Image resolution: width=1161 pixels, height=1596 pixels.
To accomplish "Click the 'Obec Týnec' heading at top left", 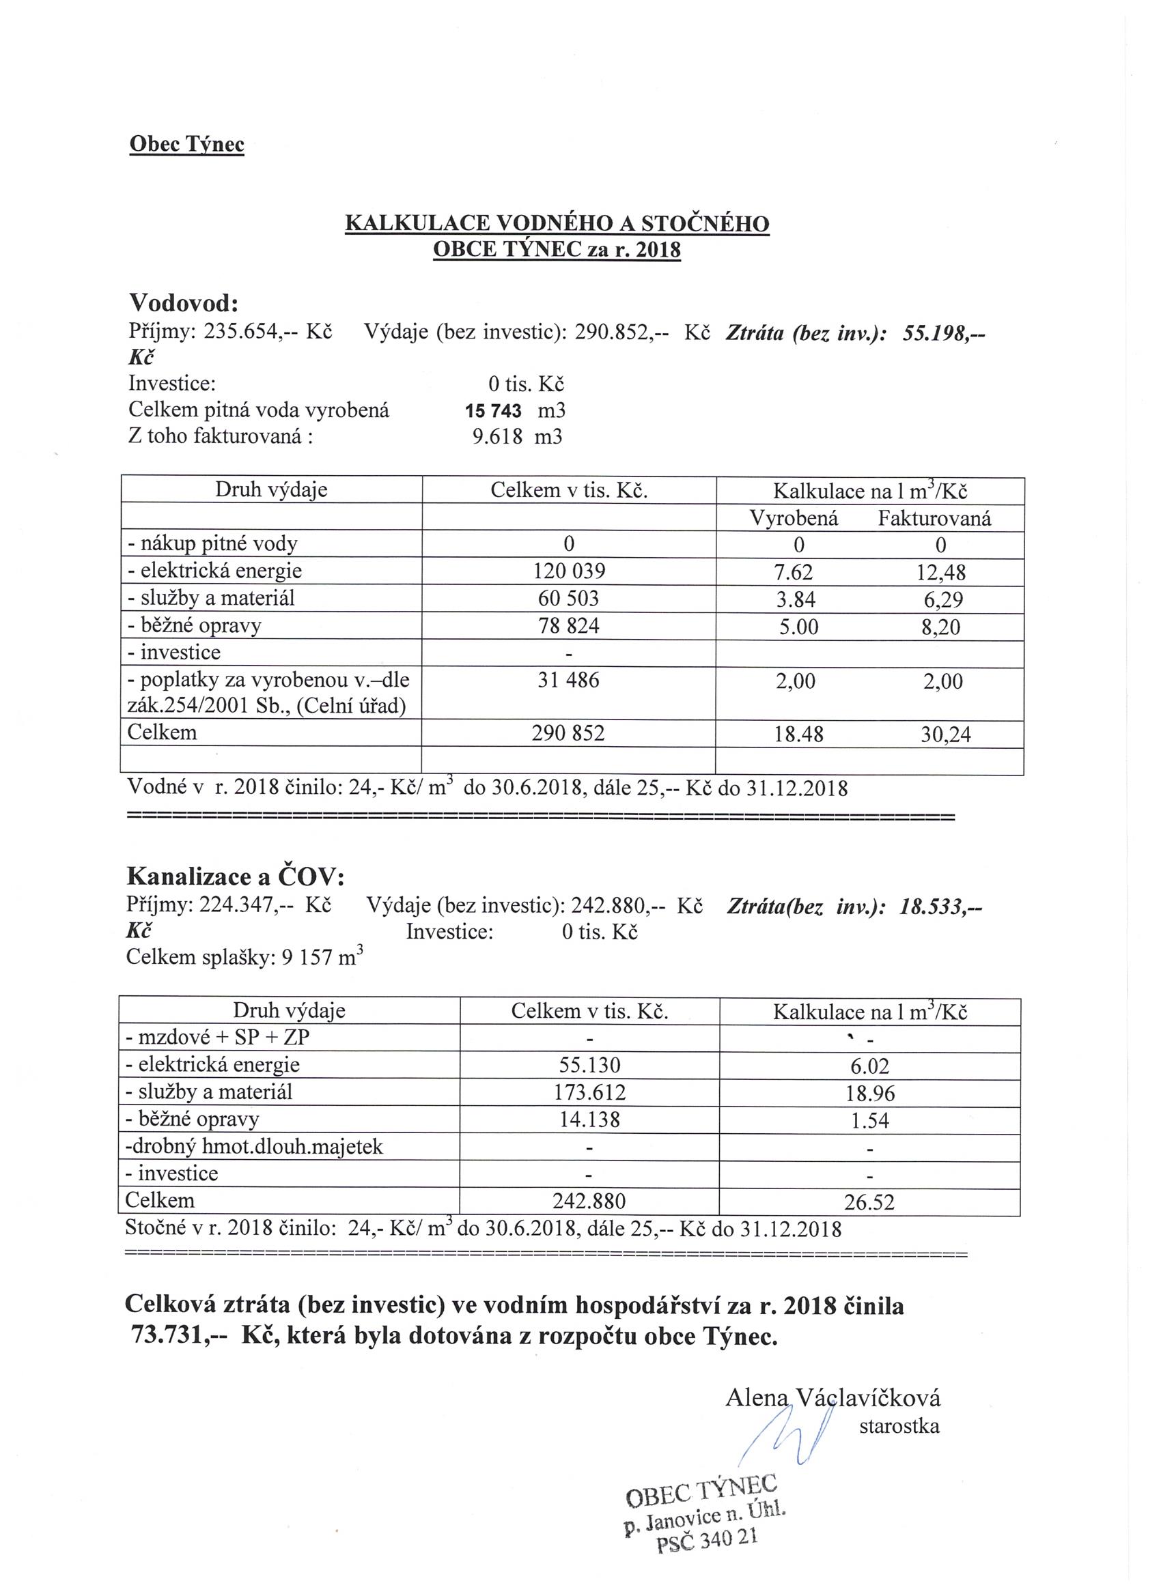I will pyautogui.click(x=186, y=144).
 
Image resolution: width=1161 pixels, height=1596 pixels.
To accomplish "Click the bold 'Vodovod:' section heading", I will pyautogui.click(x=184, y=303).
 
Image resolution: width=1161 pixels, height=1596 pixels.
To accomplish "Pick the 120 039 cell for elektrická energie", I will pyautogui.click(x=569, y=571).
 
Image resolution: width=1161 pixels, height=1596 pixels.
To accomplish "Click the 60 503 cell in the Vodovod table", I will pyautogui.click(x=568, y=598).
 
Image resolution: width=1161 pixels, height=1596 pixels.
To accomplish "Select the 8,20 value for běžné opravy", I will pyautogui.click(x=940, y=626).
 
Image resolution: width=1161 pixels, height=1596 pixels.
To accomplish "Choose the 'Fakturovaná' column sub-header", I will pyautogui.click(x=934, y=519).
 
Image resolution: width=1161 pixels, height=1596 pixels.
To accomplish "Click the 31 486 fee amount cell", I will pyautogui.click(x=568, y=681).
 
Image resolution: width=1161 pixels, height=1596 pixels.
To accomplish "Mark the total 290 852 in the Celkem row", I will pyautogui.click(x=568, y=733).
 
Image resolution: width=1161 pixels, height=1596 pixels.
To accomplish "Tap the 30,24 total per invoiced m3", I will pyautogui.click(x=946, y=735).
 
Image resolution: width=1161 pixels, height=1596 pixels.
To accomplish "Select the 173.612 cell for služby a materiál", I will pyautogui.click(x=589, y=1093).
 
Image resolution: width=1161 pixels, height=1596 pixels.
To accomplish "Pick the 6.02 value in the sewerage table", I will pyautogui.click(x=869, y=1066).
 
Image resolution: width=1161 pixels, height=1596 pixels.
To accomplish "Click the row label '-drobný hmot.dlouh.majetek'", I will pyautogui.click(x=254, y=1147).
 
